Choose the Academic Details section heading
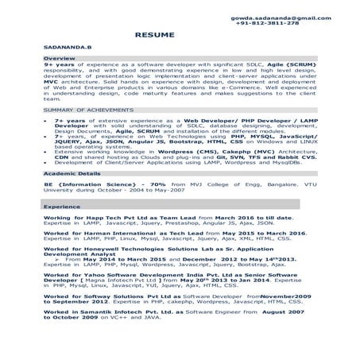72,171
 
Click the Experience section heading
61,206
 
